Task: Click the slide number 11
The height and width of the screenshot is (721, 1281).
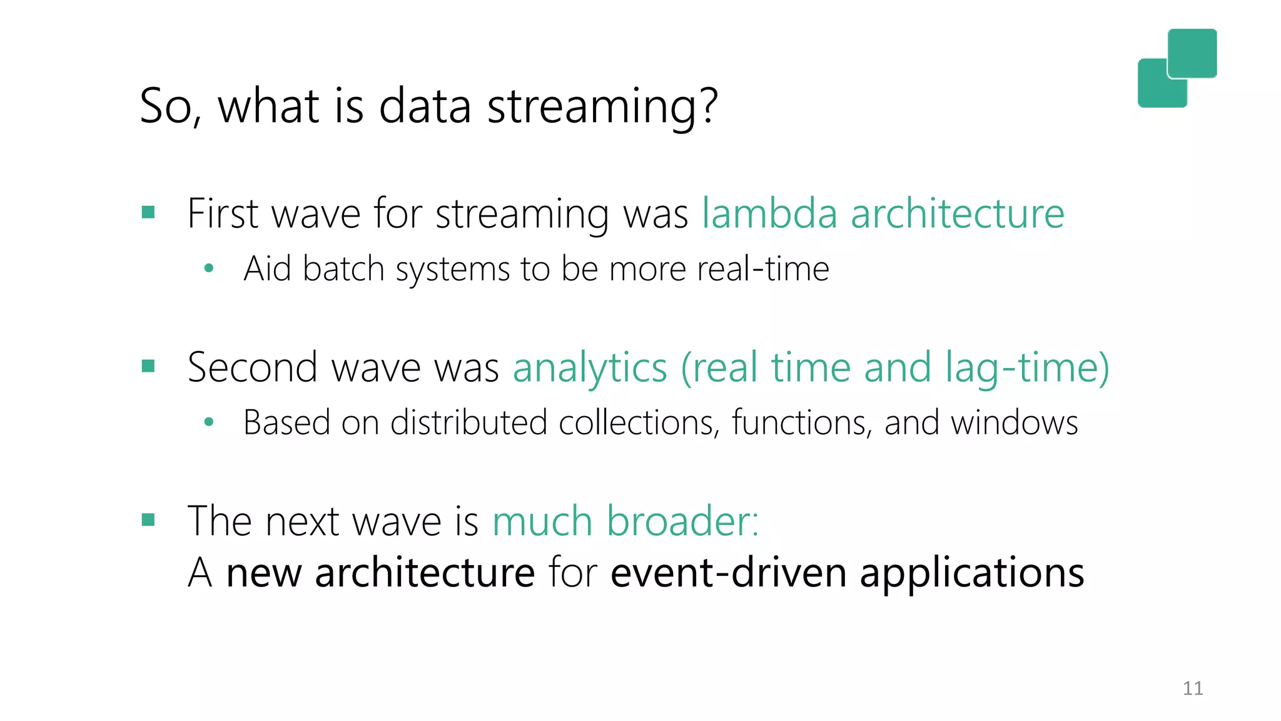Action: [x=1192, y=688]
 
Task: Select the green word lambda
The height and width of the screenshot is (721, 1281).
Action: [x=769, y=213]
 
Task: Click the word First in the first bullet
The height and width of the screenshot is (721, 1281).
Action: [x=223, y=213]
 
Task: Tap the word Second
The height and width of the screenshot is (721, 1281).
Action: [x=253, y=367]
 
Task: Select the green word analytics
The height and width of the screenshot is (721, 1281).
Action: [x=590, y=368]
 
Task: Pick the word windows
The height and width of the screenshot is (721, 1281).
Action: [x=1014, y=422]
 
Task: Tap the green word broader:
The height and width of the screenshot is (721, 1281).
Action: [x=682, y=521]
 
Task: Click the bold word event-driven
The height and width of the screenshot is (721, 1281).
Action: [x=728, y=573]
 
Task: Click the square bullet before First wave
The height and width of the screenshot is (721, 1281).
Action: [x=148, y=212]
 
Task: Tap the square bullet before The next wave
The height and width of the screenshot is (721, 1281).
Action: [x=148, y=519]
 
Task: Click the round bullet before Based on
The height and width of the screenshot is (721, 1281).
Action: [x=209, y=422]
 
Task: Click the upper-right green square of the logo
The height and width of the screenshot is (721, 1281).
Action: [x=1192, y=53]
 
